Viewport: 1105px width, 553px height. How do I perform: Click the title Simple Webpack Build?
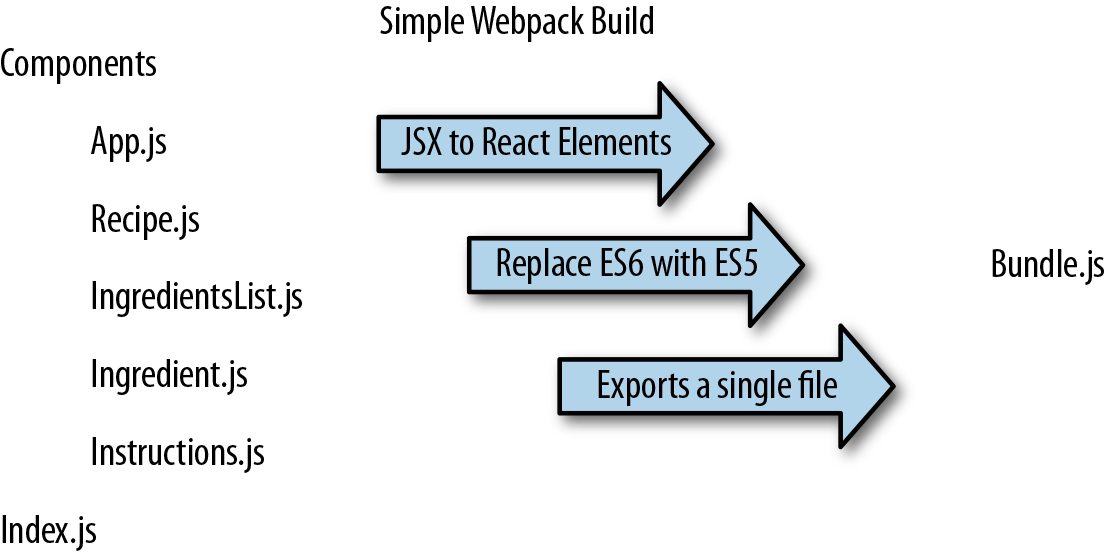click(x=516, y=21)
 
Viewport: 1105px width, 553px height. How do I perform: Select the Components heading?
click(x=79, y=64)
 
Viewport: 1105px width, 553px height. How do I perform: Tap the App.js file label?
click(x=129, y=141)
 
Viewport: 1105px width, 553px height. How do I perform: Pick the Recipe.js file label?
click(x=145, y=219)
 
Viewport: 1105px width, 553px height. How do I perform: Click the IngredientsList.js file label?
click(x=196, y=297)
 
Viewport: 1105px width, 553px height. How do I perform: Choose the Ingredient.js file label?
click(x=169, y=375)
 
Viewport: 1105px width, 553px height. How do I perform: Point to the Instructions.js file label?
click(x=177, y=453)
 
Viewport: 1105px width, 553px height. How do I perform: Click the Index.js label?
click(x=49, y=530)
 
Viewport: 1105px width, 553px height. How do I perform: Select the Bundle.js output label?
click(x=1047, y=265)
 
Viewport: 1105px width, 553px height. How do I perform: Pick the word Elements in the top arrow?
click(x=619, y=142)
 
